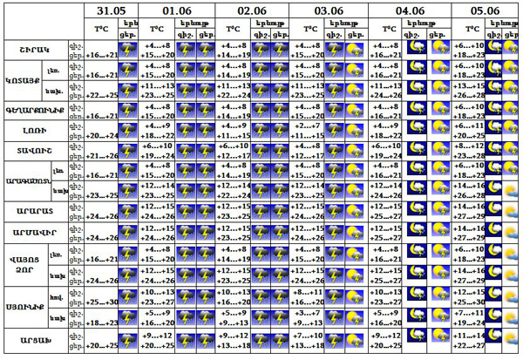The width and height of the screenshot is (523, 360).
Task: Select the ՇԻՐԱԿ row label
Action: tap(33, 48)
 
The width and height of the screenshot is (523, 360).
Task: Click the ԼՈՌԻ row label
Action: tap(33, 130)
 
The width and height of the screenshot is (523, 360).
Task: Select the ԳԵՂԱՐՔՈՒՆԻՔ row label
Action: tap(33, 109)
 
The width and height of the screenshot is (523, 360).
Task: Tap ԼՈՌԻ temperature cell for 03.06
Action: tap(309, 131)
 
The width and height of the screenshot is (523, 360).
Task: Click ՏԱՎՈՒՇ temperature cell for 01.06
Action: tap(157, 151)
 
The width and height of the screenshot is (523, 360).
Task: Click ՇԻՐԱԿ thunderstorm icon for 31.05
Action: tap(128, 49)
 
